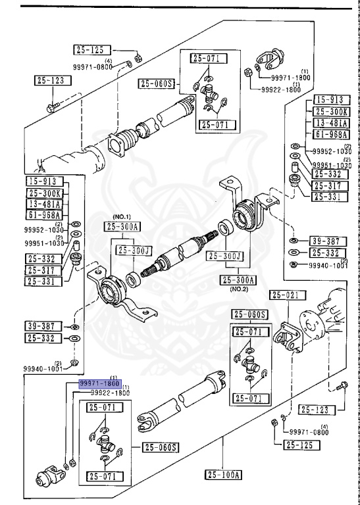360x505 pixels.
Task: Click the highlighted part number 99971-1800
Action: click(99, 383)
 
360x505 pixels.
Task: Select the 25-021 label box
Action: click(289, 295)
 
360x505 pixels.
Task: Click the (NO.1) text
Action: click(122, 217)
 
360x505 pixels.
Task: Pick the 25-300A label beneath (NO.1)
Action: click(122, 227)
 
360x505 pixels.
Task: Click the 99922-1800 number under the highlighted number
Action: click(109, 393)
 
